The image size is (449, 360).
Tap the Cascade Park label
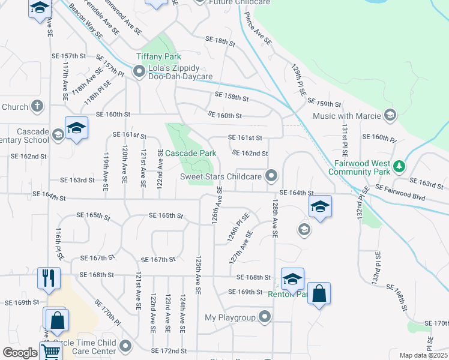pos(190,153)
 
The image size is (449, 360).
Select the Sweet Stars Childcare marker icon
pos(272,176)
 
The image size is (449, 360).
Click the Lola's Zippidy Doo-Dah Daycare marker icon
pos(139,73)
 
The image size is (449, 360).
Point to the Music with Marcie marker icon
pos(390,115)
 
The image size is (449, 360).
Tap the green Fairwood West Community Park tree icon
pos(398,166)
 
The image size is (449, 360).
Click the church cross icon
pos(37,107)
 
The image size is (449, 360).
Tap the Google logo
pos(20,353)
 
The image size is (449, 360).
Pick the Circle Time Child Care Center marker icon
pos(125,346)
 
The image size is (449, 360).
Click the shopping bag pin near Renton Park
pos(319,294)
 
